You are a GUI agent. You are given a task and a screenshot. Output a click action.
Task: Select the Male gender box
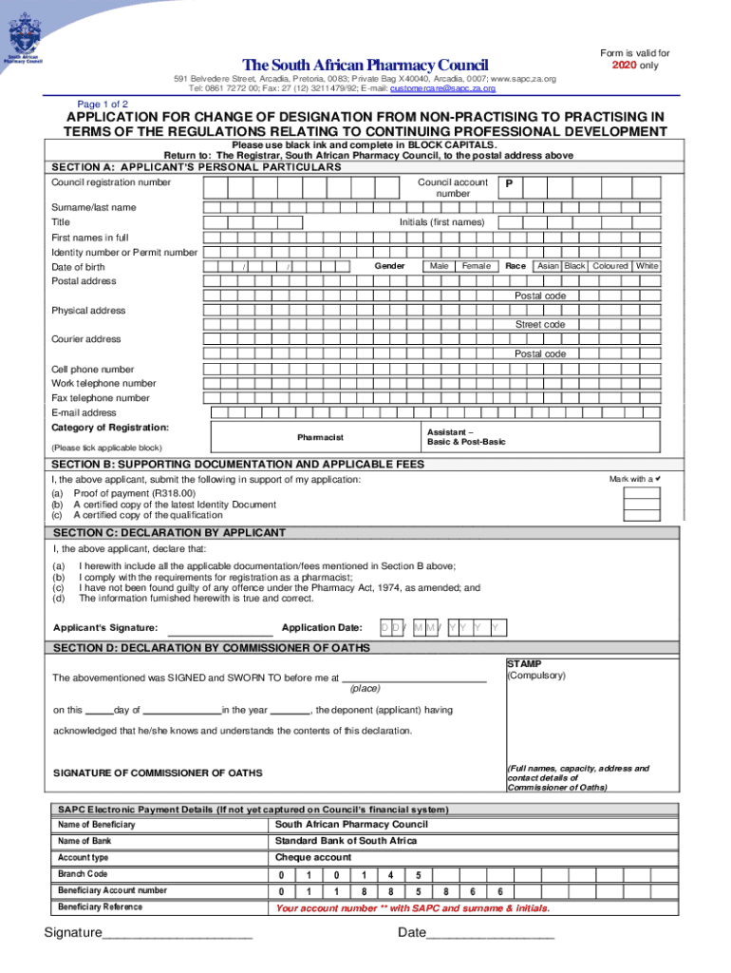pos(439,266)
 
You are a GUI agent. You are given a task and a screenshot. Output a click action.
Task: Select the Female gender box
pos(476,266)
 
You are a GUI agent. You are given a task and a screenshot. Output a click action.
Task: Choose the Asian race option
pos(548,266)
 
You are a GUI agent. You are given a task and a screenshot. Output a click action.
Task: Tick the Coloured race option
pos(610,266)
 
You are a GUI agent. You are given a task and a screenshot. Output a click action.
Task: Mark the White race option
pos(647,266)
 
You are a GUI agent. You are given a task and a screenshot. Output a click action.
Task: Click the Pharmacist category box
pos(320,437)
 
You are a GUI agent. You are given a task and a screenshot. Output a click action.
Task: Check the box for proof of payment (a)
pos(642,493)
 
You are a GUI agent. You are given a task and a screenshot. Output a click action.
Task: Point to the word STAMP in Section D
pos(524,664)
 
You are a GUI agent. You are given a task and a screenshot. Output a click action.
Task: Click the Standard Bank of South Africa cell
pos(346,841)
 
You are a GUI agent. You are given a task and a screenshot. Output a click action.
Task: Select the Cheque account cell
pos(313,857)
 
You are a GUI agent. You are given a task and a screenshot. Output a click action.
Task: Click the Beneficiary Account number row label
pos(112,890)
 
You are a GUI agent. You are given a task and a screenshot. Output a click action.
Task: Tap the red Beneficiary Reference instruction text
pos(412,907)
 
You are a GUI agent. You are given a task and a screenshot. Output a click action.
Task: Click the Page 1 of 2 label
pos(103,104)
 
